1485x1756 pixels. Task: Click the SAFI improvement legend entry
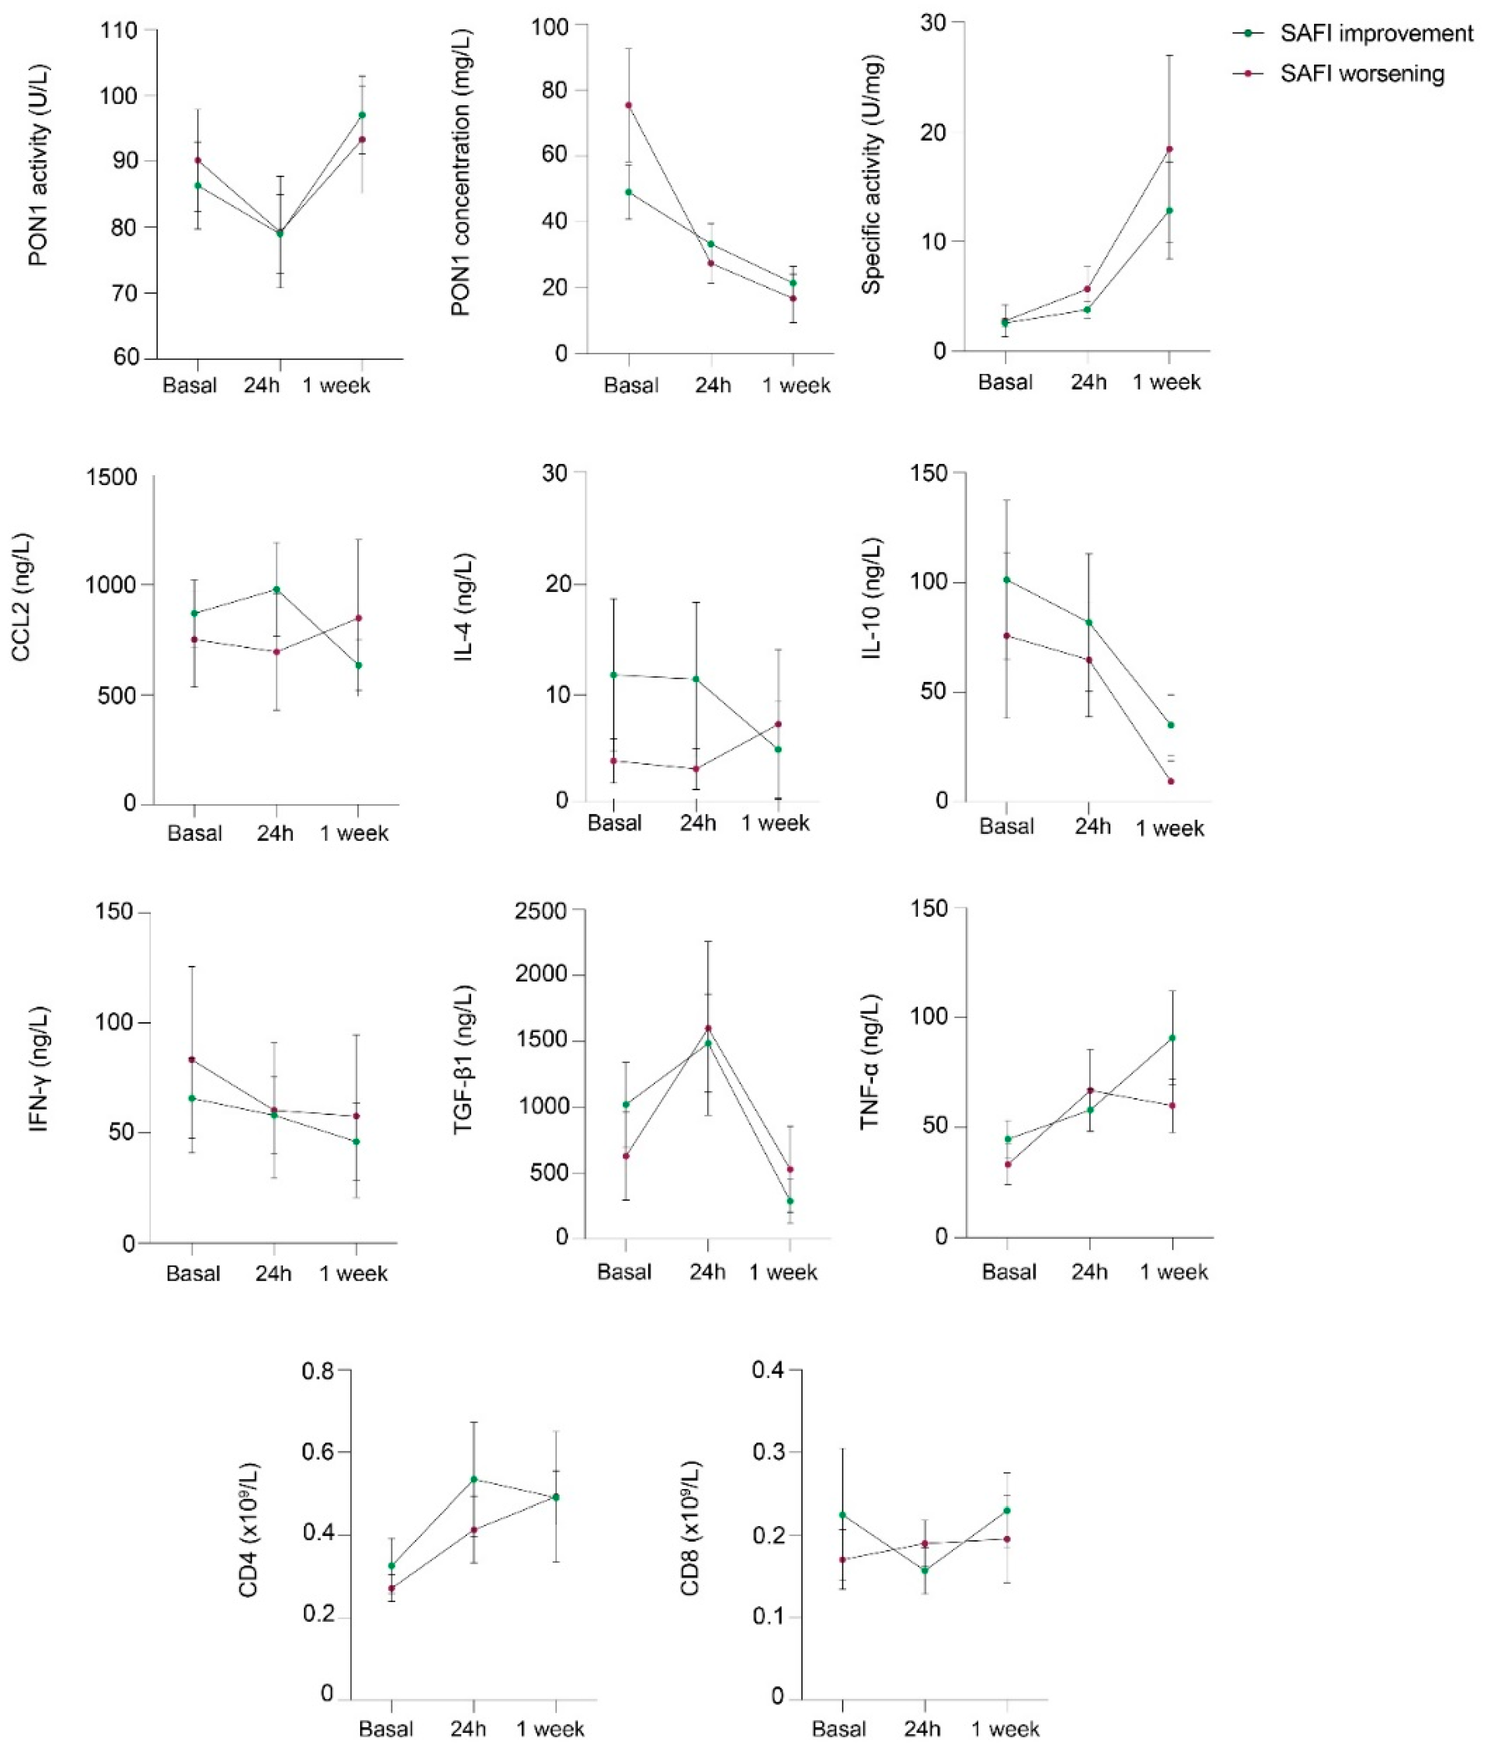point(1375,34)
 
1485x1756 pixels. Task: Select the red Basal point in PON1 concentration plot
point(628,105)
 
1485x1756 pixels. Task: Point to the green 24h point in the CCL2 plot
point(276,589)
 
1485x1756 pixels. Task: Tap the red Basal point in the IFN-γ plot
point(192,1059)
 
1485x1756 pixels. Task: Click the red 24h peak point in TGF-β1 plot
point(708,1028)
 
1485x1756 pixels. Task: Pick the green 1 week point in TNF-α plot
point(1172,1038)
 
